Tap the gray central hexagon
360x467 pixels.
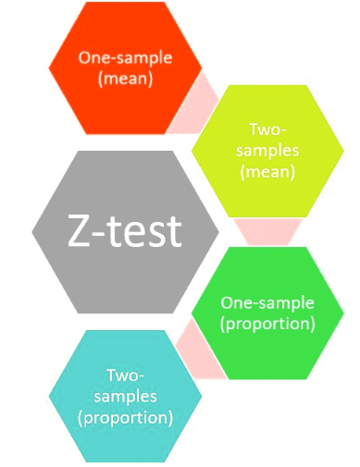(125, 231)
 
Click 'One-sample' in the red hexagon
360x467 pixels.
(125, 57)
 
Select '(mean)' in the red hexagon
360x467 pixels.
(125, 79)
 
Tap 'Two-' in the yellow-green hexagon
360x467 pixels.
(267, 129)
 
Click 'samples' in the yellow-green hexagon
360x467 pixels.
(267, 150)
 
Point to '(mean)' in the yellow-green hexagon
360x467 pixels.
(267, 171)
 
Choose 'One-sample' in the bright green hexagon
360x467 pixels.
(267, 302)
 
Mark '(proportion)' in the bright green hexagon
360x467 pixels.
(267, 324)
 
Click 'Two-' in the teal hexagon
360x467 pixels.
(126, 375)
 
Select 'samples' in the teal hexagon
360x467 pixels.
(126, 396)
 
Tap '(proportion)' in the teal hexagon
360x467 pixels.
(126, 417)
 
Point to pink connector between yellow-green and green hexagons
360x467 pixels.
(267, 231)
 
